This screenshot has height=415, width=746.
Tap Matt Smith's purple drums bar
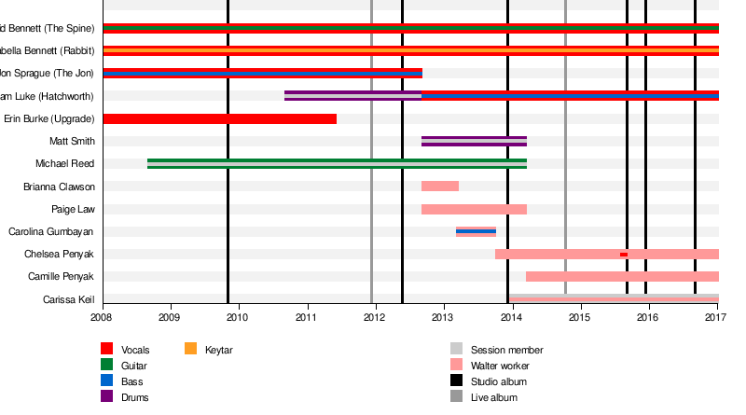[x=474, y=142]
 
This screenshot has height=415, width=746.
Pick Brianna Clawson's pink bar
[x=439, y=187]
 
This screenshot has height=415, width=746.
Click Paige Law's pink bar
[x=474, y=209]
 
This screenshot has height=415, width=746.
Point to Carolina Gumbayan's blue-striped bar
[x=476, y=231]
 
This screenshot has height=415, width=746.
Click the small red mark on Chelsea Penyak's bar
[x=623, y=255]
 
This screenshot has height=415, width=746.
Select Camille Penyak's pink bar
[x=622, y=276]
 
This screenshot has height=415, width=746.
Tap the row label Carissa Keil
[x=69, y=299]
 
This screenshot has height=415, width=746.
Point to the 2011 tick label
[x=307, y=318]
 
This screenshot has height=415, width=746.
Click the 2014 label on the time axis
[x=511, y=318]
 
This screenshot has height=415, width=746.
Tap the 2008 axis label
[x=103, y=318]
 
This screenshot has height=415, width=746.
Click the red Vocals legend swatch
[x=107, y=350]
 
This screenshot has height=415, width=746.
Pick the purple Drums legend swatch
[x=107, y=397]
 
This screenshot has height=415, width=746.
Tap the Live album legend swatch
[x=456, y=397]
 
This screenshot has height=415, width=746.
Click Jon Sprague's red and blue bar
[x=262, y=73]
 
